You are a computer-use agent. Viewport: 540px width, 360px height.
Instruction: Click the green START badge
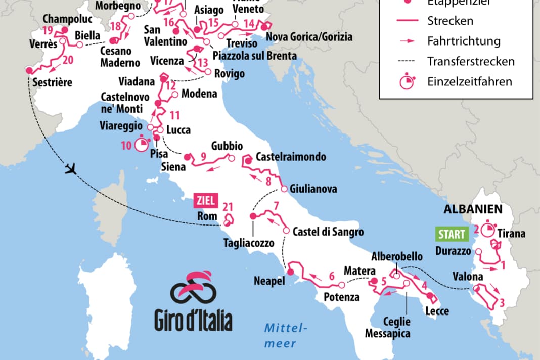452,234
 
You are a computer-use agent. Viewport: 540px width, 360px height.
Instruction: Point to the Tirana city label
511,234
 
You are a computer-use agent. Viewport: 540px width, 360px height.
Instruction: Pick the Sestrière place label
52,82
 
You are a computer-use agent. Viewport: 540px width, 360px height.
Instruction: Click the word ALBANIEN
473,208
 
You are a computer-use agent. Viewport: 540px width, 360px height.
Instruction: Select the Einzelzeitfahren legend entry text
469,81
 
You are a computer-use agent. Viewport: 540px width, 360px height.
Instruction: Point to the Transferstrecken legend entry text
471,61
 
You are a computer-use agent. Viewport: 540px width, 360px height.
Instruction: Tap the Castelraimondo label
291,157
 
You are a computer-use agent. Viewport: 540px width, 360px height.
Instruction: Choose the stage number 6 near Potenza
332,276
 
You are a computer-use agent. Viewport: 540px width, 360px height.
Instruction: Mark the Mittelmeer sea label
286,335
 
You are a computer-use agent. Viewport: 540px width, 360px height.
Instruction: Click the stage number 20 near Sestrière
68,60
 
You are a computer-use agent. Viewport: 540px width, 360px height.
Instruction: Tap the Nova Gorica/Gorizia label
309,37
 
